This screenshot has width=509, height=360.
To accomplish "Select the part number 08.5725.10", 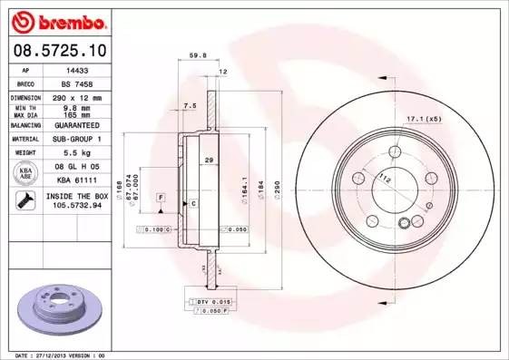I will (55, 50).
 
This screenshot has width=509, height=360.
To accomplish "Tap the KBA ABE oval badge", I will (26, 174).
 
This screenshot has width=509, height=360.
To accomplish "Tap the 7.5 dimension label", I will (190, 106).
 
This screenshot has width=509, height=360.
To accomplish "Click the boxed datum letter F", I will (161, 197).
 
